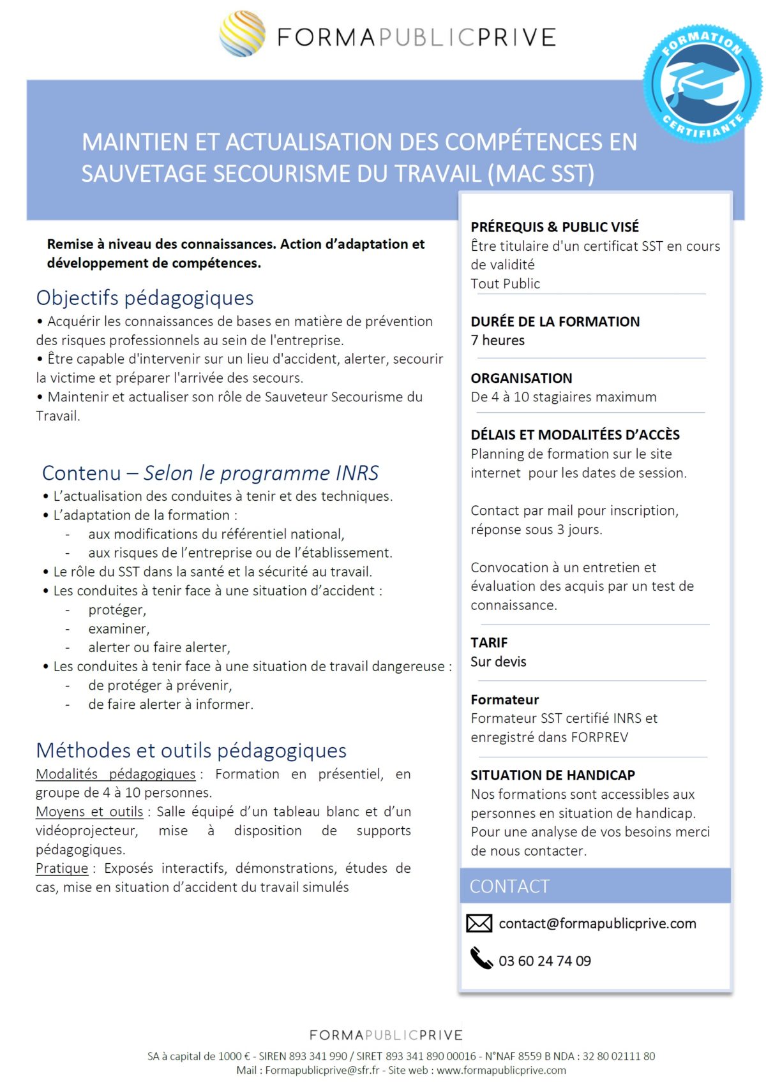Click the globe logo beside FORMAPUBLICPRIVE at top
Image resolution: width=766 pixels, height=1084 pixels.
point(243,33)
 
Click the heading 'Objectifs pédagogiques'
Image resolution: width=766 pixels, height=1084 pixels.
point(145,297)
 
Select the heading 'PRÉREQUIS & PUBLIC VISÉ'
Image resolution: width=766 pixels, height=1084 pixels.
point(554,226)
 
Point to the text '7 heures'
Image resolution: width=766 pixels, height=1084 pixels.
point(497,340)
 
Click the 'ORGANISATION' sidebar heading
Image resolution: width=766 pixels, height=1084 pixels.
point(521,378)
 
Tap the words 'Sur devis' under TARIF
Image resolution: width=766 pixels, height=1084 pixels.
point(498,662)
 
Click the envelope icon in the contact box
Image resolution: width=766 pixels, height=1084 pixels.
point(479,923)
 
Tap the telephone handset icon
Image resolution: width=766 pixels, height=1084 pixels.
point(481,958)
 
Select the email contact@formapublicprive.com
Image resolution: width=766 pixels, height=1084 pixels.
point(597,923)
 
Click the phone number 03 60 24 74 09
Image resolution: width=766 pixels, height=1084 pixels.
point(544,961)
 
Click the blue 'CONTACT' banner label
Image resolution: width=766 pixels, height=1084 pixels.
point(509,886)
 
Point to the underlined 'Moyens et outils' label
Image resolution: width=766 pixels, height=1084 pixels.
point(89,812)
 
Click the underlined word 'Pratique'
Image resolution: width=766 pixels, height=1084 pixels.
point(62,868)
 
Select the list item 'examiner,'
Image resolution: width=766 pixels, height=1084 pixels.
point(119,628)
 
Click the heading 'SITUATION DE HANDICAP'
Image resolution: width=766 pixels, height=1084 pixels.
point(552,775)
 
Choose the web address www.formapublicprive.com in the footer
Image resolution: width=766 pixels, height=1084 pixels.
point(501,1070)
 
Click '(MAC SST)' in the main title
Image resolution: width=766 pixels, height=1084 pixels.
point(541,174)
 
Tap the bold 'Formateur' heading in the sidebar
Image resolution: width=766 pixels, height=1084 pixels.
point(504,699)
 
